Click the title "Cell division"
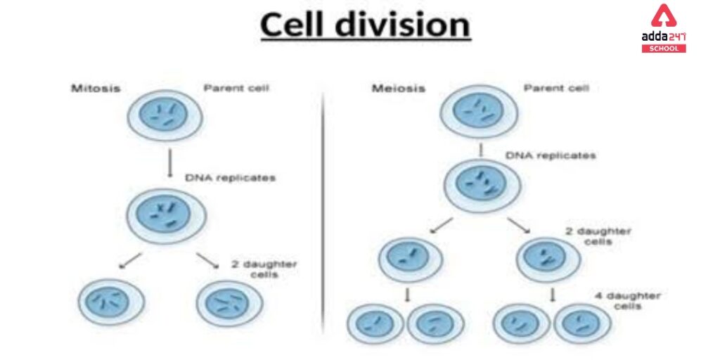pos(365,25)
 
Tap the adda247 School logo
pos(663,28)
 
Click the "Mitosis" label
pos(95,89)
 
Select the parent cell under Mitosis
pos(165,116)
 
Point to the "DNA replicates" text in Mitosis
pos(230,178)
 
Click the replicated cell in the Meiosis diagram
pos(482,186)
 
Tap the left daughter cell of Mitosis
pos(111,301)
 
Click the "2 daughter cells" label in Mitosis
pos(264,269)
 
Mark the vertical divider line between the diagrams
pos(323,211)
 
